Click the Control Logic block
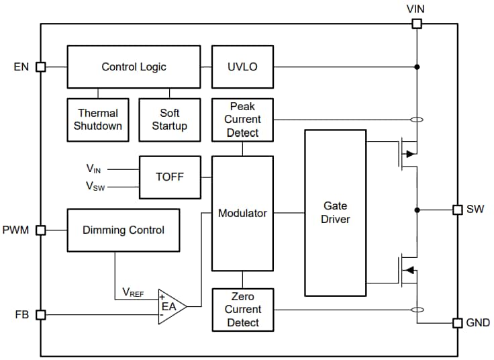(134, 66)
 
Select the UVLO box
(242, 66)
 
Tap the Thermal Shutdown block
(98, 120)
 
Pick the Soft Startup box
(169, 120)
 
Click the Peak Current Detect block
(242, 120)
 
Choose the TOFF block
(169, 177)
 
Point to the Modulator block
(242, 213)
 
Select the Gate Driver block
(335, 213)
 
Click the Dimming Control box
(123, 230)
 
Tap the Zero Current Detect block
(242, 310)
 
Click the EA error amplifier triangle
(170, 307)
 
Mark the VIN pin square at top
(417, 24)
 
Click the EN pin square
(40, 66)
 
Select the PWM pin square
(40, 230)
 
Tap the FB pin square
(40, 314)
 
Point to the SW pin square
(458, 210)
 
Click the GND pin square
(458, 323)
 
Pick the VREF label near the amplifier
(133, 292)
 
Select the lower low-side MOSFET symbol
(407, 270)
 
